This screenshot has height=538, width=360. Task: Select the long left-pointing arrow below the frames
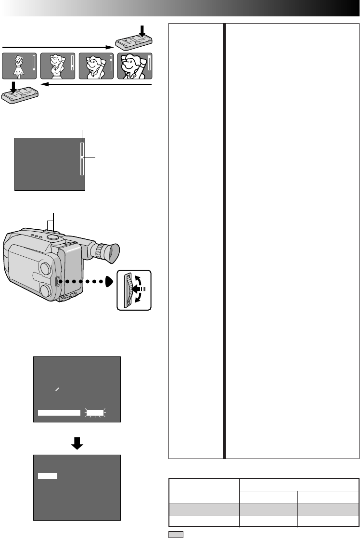coord(96,84)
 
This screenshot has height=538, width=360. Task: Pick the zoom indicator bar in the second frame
coord(72,65)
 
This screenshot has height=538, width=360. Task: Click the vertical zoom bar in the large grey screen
coord(82,158)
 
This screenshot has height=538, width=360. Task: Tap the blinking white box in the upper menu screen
coord(95,412)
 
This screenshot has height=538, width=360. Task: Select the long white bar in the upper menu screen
coord(59,412)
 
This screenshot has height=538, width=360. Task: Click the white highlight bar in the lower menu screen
coord(47,476)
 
